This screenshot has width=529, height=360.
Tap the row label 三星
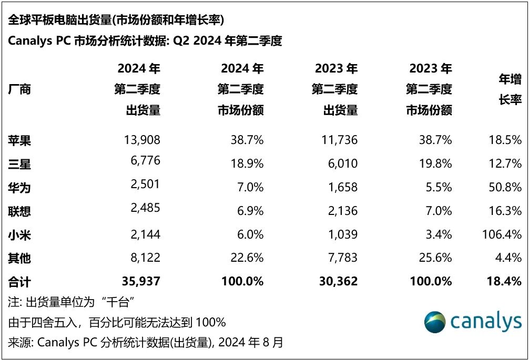19,164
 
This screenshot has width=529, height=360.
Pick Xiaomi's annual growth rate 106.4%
502,234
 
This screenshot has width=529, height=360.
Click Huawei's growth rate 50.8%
505,187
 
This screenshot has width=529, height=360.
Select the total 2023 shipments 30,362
336,281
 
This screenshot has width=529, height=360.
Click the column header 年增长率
510,89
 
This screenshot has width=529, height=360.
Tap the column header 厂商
19,89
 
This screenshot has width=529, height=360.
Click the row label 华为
19,187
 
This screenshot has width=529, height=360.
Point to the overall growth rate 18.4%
504,281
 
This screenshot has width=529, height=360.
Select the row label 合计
19,281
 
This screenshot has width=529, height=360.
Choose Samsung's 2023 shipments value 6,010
340,164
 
